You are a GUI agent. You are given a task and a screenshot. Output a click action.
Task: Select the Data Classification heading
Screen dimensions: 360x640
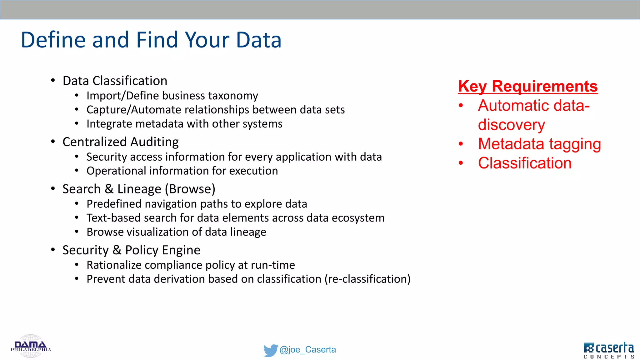(x=115, y=81)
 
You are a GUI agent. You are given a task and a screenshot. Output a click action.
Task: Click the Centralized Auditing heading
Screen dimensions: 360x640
(x=120, y=142)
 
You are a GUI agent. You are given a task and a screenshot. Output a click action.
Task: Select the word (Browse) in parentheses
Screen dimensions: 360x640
(x=190, y=189)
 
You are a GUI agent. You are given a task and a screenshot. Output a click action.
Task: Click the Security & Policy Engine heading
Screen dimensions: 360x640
(x=131, y=250)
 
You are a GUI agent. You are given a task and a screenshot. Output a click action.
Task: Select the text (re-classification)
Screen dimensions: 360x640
(x=367, y=279)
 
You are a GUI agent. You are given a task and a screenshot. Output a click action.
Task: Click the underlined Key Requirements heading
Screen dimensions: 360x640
(x=528, y=87)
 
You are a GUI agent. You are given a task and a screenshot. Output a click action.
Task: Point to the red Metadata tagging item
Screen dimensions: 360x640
(x=539, y=144)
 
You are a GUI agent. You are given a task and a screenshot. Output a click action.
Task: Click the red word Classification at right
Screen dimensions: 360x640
(x=525, y=163)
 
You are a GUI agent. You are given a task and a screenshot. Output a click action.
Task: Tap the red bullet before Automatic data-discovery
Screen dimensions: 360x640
(x=461, y=106)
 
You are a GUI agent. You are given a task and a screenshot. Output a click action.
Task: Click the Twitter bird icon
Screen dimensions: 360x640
(x=270, y=350)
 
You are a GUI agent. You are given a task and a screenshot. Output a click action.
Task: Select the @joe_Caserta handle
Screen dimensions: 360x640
(x=307, y=350)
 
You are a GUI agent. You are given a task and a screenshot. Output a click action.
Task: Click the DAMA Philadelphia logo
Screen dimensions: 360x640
(x=31, y=346)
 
